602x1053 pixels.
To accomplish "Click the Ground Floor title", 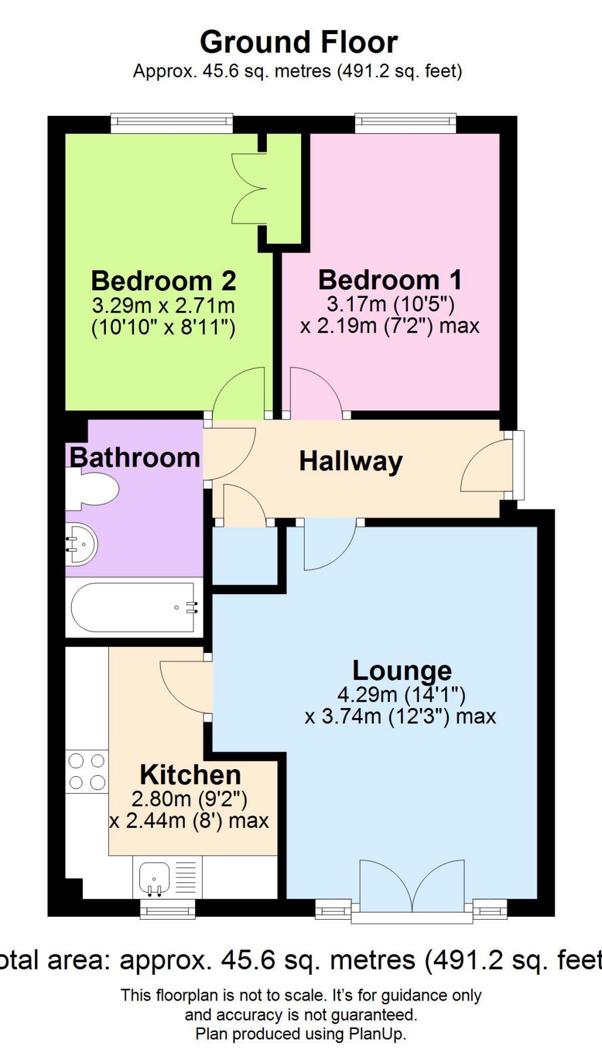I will (x=299, y=43).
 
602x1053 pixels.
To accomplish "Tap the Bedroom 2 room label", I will (x=163, y=281).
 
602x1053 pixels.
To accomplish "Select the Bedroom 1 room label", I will (x=390, y=280).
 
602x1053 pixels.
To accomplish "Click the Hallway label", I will (x=351, y=461).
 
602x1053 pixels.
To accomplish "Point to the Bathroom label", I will (x=135, y=458).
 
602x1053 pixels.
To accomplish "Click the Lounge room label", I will (x=402, y=670).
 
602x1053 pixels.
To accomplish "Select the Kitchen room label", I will (x=190, y=775).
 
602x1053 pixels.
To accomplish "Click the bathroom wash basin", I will (x=81, y=544).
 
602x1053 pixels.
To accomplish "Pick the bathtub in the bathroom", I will (x=134, y=608).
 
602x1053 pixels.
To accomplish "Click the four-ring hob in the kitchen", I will (x=87, y=772).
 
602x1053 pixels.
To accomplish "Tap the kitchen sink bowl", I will (x=154, y=877).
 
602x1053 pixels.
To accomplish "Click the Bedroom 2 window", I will (x=172, y=122).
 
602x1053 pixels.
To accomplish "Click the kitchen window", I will (x=168, y=910).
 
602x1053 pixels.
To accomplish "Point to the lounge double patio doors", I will (x=412, y=887).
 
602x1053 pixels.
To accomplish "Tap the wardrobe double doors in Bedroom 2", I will (x=250, y=189).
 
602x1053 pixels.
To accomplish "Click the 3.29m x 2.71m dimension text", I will (x=163, y=306).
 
